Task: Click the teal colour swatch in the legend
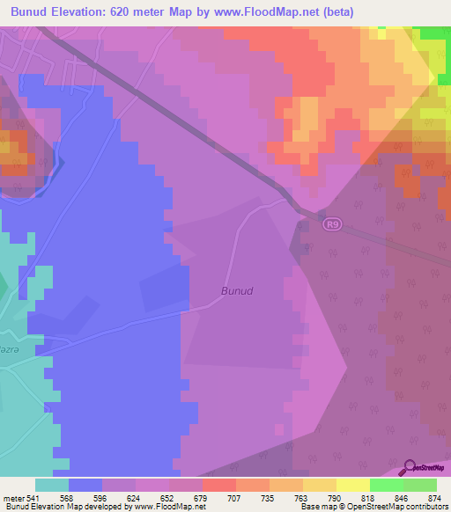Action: click(51, 485)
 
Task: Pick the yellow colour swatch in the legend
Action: click(352, 485)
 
